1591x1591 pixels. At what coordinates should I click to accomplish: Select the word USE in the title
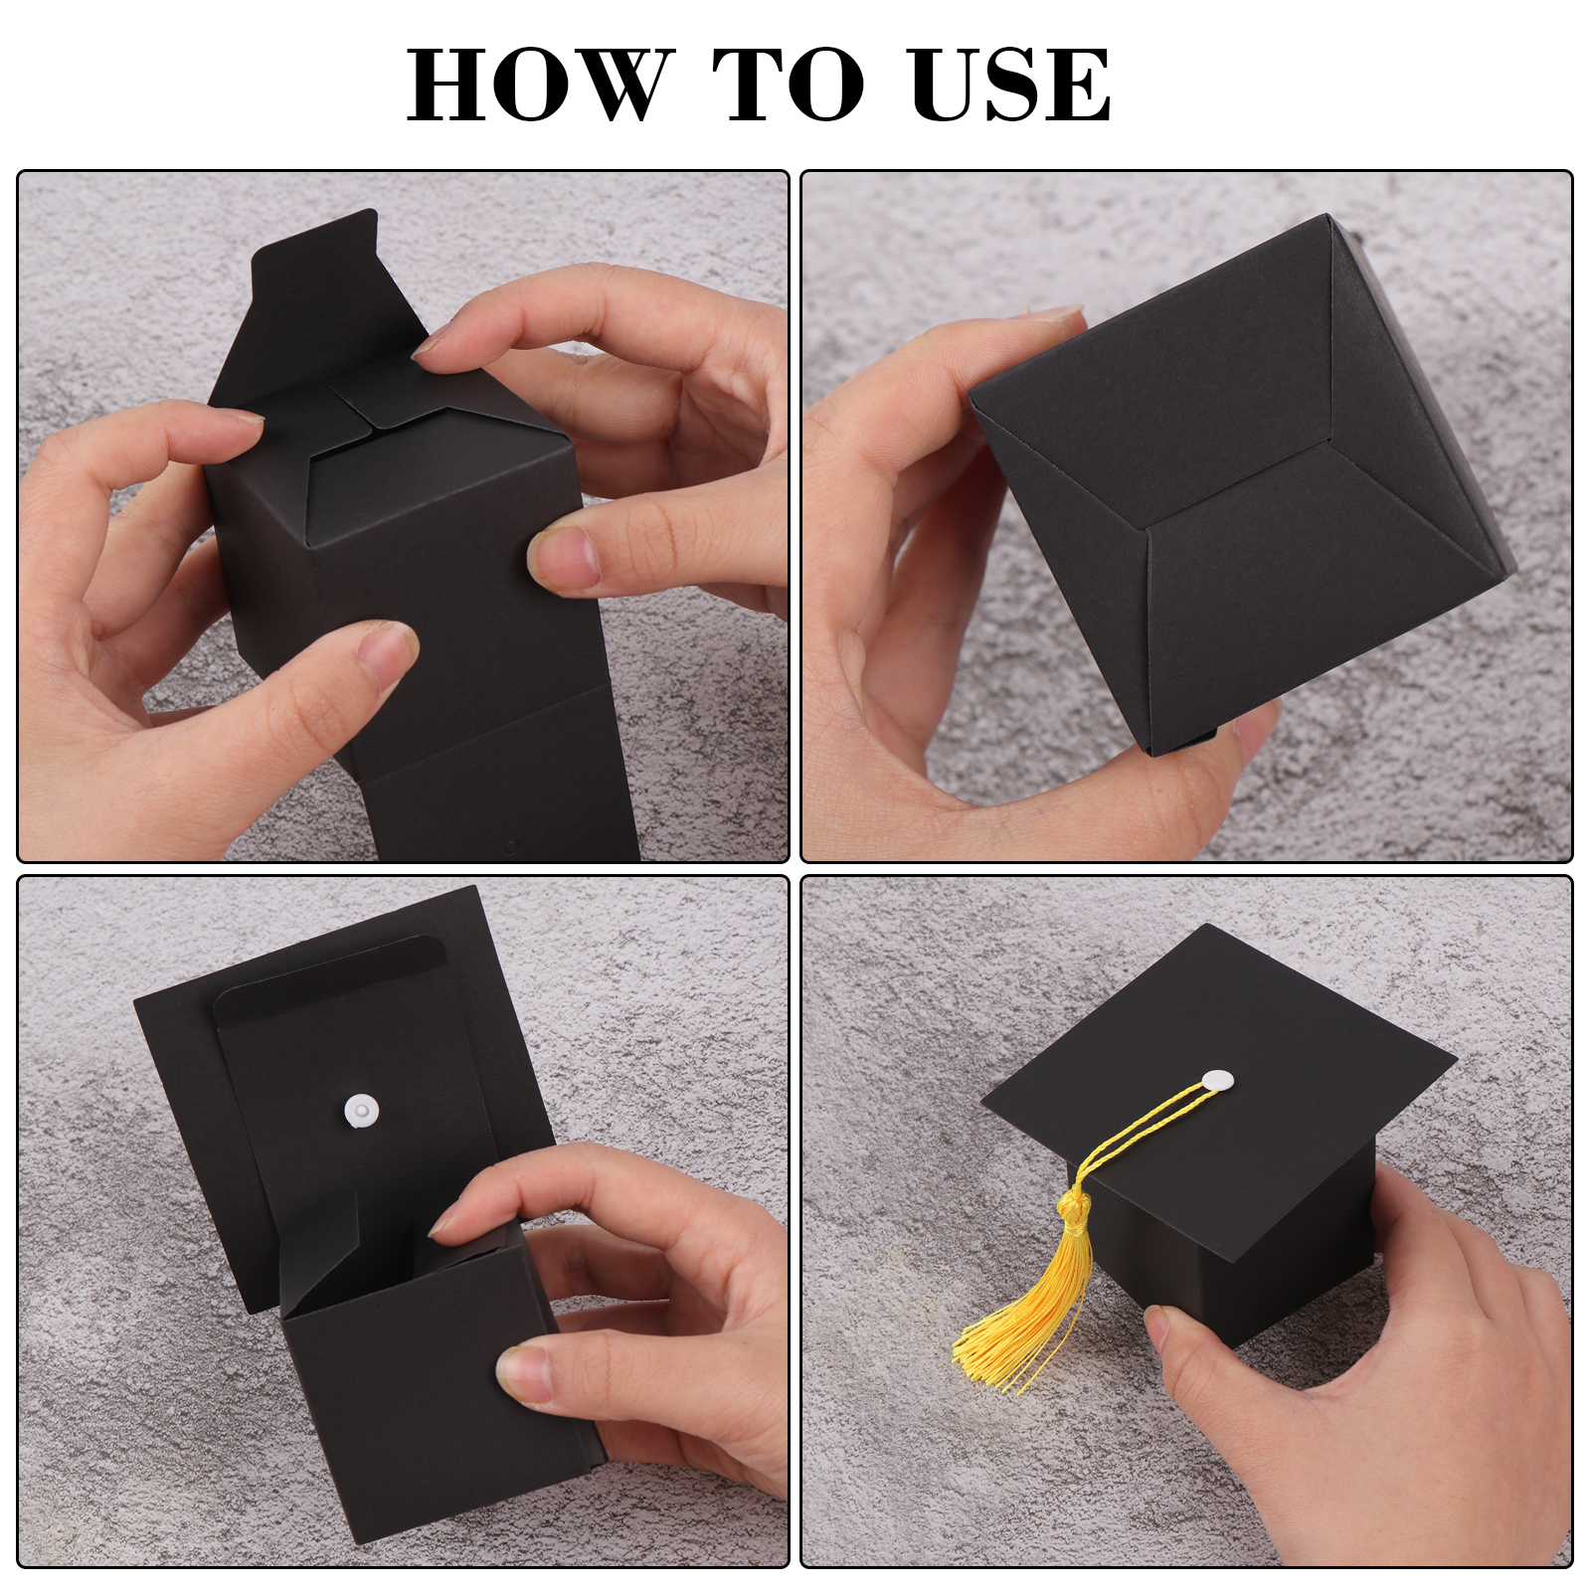[x=1010, y=85]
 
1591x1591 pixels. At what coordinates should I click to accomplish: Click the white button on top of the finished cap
[x=1217, y=1079]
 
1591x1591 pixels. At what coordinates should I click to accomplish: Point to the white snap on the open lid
[x=361, y=1110]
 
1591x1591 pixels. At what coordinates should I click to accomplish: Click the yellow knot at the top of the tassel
[x=1074, y=1209]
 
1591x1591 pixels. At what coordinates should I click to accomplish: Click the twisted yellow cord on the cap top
[x=1144, y=1133]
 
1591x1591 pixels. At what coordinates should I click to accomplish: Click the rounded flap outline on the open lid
[x=328, y=970]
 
